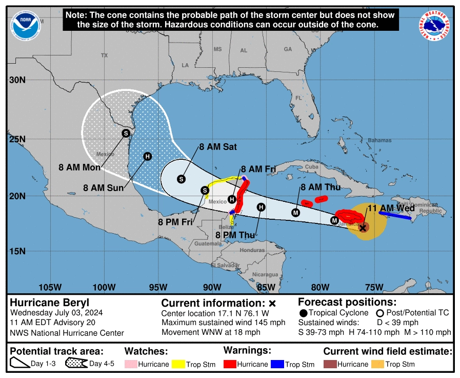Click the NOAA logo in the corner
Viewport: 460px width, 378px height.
coord(26,26)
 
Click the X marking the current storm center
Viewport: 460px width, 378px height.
coord(363,228)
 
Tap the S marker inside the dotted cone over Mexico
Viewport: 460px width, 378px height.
coord(126,134)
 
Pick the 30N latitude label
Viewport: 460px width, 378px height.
coord(18,80)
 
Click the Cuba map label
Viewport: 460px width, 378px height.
coord(312,167)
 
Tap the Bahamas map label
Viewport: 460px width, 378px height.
coord(379,140)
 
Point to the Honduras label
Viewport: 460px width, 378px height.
coord(252,250)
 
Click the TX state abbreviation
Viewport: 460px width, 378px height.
coord(105,55)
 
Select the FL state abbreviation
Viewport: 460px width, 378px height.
coord(298,98)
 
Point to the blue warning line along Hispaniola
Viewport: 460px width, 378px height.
coord(395,216)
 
